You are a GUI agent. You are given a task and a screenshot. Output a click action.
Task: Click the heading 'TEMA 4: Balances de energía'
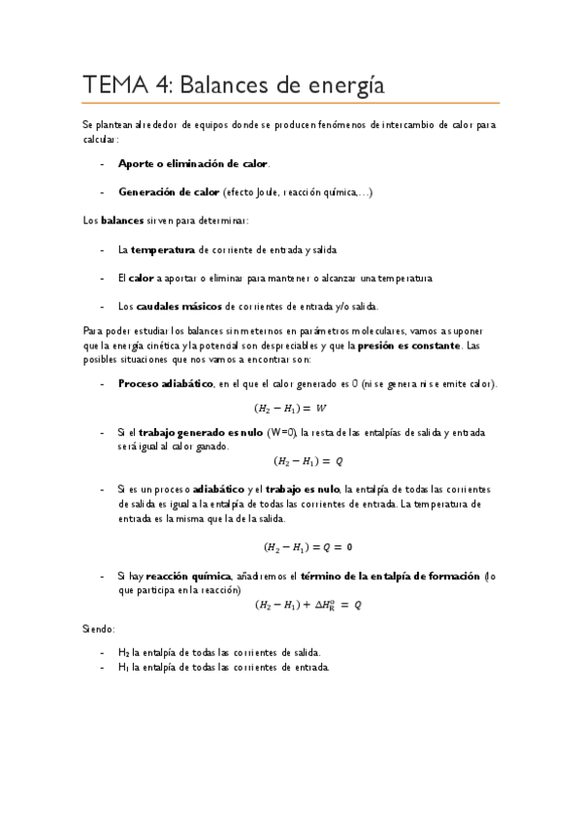click(234, 85)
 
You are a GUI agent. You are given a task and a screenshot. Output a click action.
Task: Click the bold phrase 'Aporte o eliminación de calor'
click(193, 164)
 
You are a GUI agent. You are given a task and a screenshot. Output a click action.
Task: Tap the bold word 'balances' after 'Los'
click(122, 221)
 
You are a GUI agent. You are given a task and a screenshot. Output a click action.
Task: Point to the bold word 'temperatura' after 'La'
click(162, 249)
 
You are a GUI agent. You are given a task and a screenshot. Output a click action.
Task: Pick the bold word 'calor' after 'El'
click(142, 279)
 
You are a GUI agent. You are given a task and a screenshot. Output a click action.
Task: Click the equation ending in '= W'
click(290, 408)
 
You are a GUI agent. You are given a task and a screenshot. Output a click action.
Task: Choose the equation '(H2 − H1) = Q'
click(307, 461)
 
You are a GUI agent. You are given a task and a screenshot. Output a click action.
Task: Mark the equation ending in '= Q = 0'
click(307, 546)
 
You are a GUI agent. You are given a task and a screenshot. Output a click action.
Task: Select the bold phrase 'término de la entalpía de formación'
click(371, 576)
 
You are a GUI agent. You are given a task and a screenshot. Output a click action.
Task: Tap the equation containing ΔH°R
click(307, 605)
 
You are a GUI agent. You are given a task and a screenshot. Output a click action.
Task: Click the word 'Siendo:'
click(98, 629)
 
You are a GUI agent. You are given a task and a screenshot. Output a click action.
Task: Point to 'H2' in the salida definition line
click(123, 652)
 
